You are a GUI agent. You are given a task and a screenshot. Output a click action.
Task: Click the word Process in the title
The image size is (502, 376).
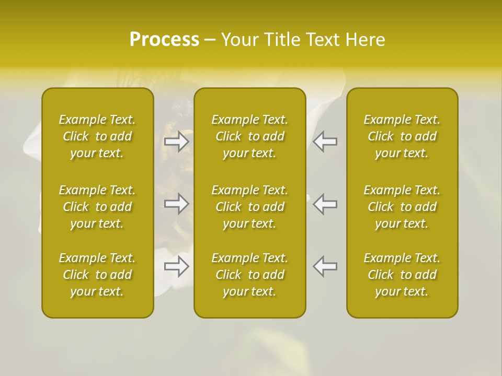coord(164,40)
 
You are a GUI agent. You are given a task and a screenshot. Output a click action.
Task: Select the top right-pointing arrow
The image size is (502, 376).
coord(177,142)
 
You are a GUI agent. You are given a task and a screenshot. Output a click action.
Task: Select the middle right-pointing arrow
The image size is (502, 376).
coord(177,204)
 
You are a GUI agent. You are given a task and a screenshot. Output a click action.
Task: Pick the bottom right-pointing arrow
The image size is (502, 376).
coord(177,266)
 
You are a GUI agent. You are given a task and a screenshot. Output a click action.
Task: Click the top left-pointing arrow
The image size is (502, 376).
coord(325,142)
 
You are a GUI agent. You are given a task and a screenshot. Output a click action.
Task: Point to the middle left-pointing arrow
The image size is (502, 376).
coord(325,204)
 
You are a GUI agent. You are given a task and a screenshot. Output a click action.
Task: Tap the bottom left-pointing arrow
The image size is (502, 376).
coord(325,266)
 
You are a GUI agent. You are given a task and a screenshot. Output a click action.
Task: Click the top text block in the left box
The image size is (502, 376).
coord(97,136)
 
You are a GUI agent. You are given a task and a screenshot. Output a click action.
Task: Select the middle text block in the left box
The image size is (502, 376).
coord(97,207)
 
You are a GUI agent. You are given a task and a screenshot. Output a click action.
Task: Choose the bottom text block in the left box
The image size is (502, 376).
coord(97,275)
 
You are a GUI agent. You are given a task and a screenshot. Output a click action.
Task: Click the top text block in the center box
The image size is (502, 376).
coord(250,136)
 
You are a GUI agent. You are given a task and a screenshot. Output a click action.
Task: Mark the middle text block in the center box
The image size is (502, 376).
coord(250,207)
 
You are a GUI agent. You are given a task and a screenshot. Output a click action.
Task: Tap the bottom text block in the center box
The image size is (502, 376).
coord(250,275)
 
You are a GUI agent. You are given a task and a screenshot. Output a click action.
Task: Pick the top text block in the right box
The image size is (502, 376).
coord(402,136)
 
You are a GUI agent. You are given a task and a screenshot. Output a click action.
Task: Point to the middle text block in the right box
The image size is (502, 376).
coord(402,207)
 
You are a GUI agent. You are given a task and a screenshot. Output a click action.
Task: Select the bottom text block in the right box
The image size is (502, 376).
coord(402,275)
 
